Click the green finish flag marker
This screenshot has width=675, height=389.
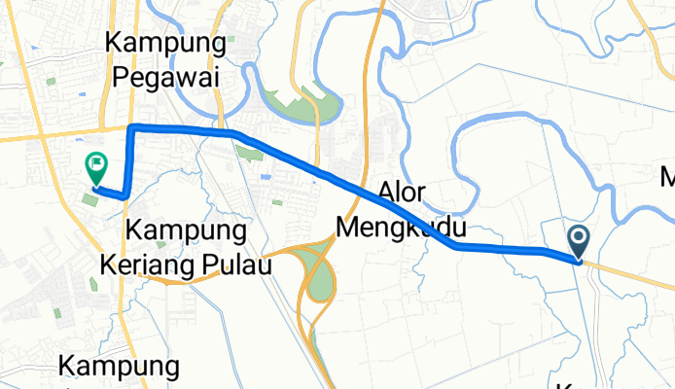click(x=95, y=166)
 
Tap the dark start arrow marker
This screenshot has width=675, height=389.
click(x=579, y=239)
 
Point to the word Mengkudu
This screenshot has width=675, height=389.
click(x=401, y=228)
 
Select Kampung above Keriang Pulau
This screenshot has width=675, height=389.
click(x=185, y=231)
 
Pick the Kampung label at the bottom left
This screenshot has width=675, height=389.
click(x=120, y=367)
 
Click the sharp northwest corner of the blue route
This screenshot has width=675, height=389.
click(x=131, y=127)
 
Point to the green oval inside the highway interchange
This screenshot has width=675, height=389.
click(x=318, y=277)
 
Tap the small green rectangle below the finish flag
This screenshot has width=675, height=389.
click(x=89, y=199)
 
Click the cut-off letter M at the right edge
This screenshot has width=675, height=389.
click(x=666, y=179)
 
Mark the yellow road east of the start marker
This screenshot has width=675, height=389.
click(x=632, y=273)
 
